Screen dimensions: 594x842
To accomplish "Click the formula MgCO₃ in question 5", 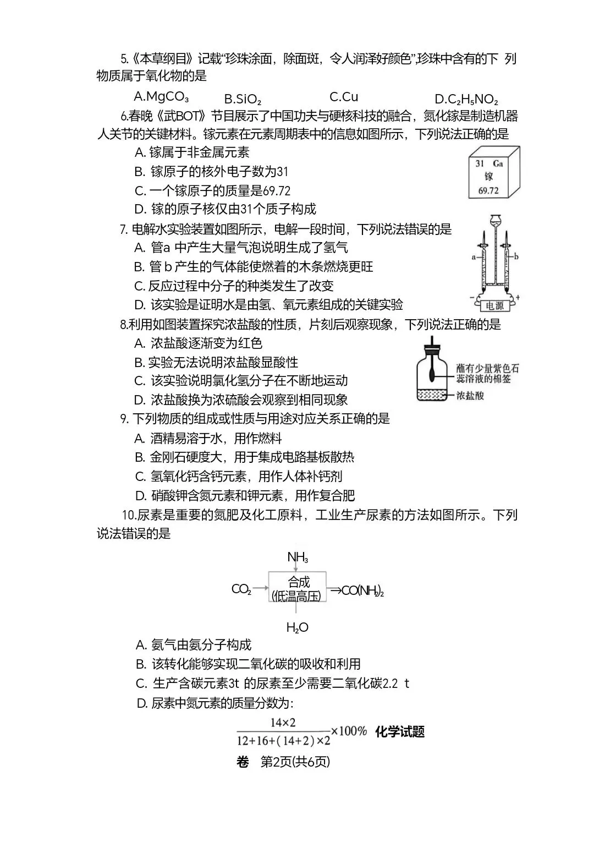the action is (167, 97).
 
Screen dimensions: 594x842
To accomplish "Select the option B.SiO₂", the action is (243, 99).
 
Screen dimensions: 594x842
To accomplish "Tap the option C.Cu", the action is (344, 97).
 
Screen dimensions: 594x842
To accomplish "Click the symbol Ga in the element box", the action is (498, 163).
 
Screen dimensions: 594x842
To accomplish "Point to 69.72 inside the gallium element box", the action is (488, 190).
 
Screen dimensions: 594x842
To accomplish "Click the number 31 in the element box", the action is (480, 163).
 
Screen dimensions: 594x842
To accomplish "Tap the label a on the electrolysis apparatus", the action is (474, 258).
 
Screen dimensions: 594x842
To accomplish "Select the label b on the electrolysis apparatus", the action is (516, 257).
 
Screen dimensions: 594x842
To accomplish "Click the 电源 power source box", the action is (494, 305).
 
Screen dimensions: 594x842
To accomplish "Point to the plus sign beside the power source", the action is (518, 297).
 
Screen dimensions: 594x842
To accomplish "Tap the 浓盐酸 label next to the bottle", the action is (470, 396).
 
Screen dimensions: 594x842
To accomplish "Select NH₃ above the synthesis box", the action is (298, 557).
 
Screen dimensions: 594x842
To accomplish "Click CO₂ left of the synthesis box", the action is (241, 589).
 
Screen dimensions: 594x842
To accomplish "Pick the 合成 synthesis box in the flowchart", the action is (297, 587).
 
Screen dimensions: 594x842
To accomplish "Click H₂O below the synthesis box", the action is (297, 627).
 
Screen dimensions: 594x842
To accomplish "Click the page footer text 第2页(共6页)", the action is (295, 762).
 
